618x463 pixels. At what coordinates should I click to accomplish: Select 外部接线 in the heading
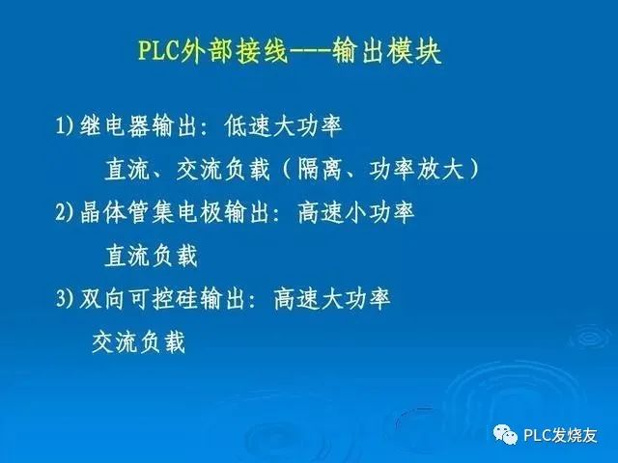(230, 51)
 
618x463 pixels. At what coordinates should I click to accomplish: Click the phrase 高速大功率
(332, 299)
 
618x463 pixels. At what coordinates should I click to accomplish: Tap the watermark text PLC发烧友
(561, 435)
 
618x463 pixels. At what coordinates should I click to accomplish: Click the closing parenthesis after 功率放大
(473, 170)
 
